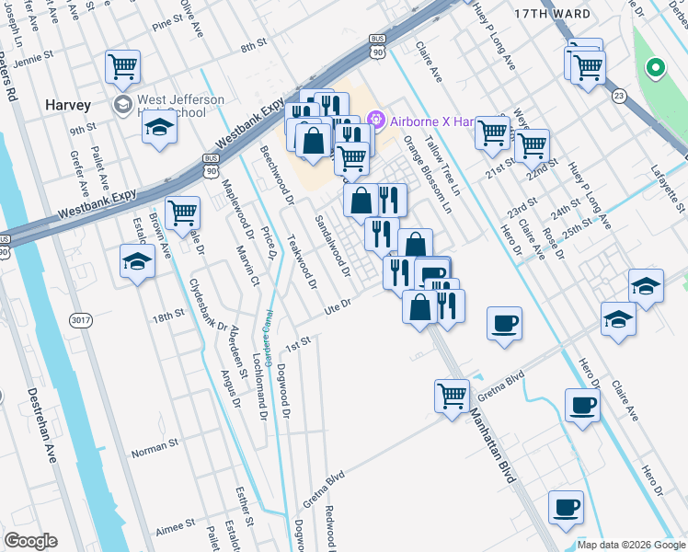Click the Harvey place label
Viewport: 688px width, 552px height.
[68, 105]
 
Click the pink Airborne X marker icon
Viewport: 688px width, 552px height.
[374, 120]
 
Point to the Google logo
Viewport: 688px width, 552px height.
[30, 541]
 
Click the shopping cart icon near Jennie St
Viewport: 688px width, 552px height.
[122, 66]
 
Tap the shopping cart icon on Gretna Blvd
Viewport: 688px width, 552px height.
[452, 397]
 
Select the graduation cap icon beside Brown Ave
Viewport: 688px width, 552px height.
[137, 262]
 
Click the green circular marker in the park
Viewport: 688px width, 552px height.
[655, 67]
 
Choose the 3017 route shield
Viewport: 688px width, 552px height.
[80, 319]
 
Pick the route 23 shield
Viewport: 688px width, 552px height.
[619, 95]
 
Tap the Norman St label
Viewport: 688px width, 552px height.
[154, 445]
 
